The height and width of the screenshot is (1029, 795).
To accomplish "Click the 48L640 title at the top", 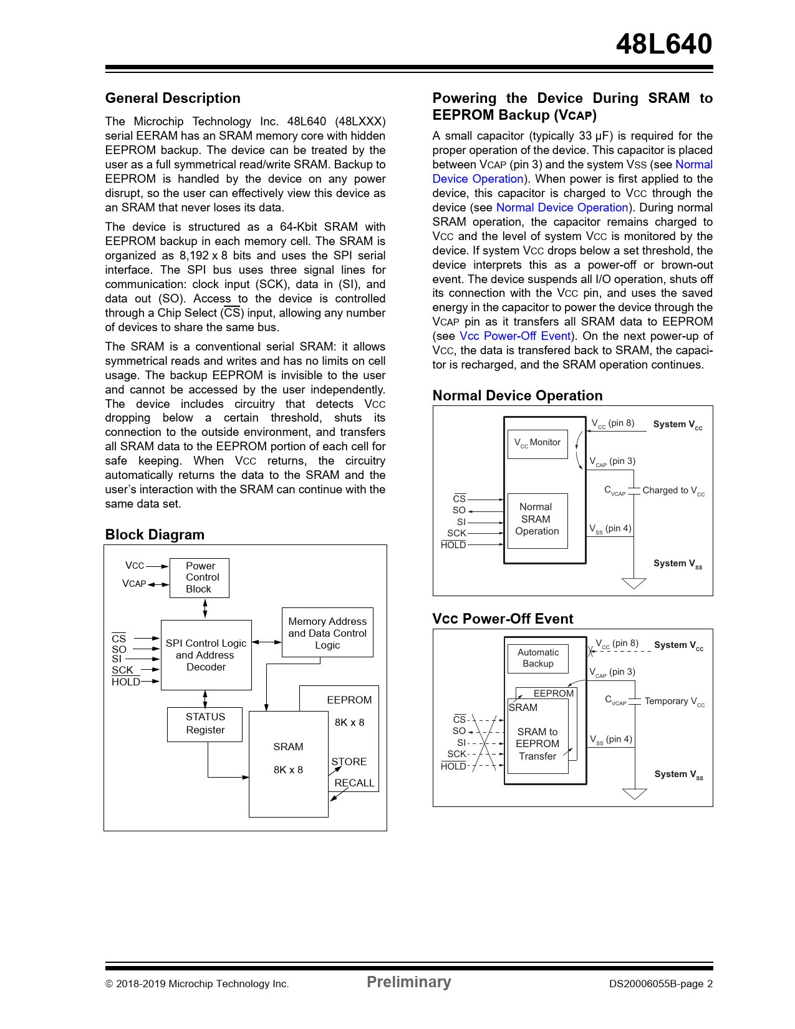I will (663, 44).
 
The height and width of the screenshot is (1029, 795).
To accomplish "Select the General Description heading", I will (173, 99).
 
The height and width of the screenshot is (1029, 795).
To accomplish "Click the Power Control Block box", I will (200, 577).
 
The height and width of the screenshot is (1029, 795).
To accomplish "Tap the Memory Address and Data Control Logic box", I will (327, 632).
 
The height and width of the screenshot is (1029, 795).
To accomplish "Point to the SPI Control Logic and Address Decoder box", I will (206, 655).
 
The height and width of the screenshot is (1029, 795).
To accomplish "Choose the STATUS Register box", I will (205, 723).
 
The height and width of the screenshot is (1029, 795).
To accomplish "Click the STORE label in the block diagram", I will (349, 762).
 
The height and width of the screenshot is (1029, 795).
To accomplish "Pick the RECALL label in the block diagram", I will (354, 783).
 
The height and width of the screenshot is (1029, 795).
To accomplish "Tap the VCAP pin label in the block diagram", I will (134, 584).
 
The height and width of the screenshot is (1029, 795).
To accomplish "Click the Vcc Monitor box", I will (537, 443).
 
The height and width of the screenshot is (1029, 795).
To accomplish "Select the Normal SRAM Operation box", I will (537, 519).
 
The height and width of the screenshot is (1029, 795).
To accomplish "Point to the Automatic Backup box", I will (537, 658).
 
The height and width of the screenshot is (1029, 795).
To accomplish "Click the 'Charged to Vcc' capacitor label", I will (673, 491).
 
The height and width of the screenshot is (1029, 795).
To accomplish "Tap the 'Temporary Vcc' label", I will (675, 702).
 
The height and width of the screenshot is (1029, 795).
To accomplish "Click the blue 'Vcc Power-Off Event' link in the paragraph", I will (515, 336).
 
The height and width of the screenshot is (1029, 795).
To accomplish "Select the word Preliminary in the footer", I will (408, 982).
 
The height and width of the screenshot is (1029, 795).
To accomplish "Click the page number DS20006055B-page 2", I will (660, 984).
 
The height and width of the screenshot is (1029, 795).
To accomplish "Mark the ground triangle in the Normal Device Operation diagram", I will (634, 583).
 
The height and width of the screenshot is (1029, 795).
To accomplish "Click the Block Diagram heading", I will (155, 535).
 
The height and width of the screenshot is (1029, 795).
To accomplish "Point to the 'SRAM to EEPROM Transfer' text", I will (537, 744).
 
